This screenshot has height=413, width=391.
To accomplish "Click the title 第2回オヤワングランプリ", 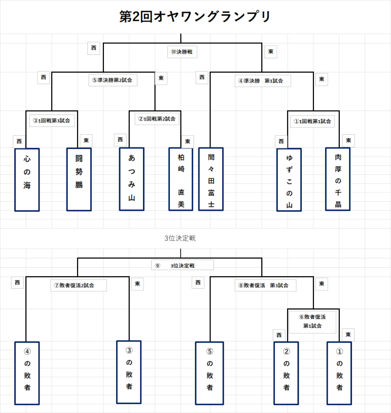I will pyautogui.click(x=195, y=16).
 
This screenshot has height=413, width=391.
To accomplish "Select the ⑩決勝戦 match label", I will pyautogui.click(x=183, y=52).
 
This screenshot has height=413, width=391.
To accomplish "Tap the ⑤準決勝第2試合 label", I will pyautogui.click(x=113, y=80).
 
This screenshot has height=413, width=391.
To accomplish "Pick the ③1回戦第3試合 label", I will pyautogui.click(x=52, y=120).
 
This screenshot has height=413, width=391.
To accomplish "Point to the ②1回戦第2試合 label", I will pyautogui.click(x=156, y=118).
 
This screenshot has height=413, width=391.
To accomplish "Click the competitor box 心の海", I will pyautogui.click(x=27, y=179).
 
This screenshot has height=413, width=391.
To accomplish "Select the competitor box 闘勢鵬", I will pyautogui.click(x=79, y=179).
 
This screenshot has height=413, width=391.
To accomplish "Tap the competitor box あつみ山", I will pyautogui.click(x=131, y=179).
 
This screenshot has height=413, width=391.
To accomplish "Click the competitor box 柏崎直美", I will pyautogui.click(x=181, y=179).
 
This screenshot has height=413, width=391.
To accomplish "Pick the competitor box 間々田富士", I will pyautogui.click(x=211, y=179).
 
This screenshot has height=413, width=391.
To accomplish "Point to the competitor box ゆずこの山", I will pyautogui.click(x=289, y=179).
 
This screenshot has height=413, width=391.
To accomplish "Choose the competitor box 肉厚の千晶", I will pyautogui.click(x=338, y=179).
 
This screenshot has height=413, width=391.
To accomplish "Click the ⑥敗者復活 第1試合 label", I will pyautogui.click(x=312, y=321).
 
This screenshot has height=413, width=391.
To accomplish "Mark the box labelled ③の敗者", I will pyautogui.click(x=129, y=373).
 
